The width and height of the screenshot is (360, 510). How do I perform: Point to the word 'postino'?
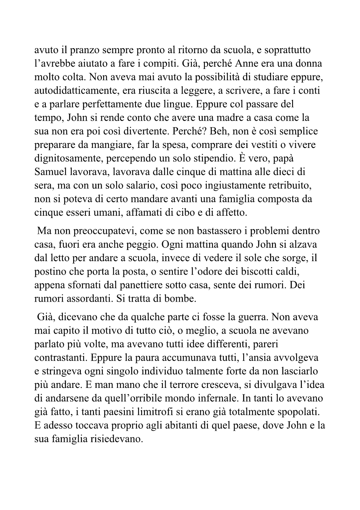coord(50,272)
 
